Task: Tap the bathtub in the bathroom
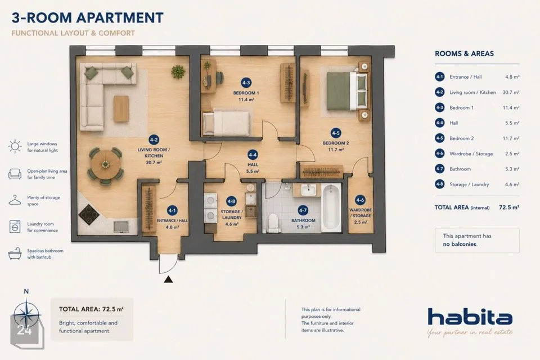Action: [331, 208]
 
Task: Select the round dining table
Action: [105, 164]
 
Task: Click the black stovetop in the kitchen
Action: [89, 215]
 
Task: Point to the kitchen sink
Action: [121, 226]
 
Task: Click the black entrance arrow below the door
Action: [168, 279]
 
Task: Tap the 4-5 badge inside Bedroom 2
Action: [336, 133]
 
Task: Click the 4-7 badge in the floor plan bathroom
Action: [303, 210]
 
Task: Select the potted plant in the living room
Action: [178, 71]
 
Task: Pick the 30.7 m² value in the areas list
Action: [511, 92]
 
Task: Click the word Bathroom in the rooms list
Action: [460, 169]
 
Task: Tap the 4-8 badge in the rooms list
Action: [439, 184]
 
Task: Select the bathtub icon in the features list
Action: [15, 254]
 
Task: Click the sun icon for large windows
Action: [15, 146]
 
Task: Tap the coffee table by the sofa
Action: [121, 108]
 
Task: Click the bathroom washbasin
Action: [308, 190]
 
